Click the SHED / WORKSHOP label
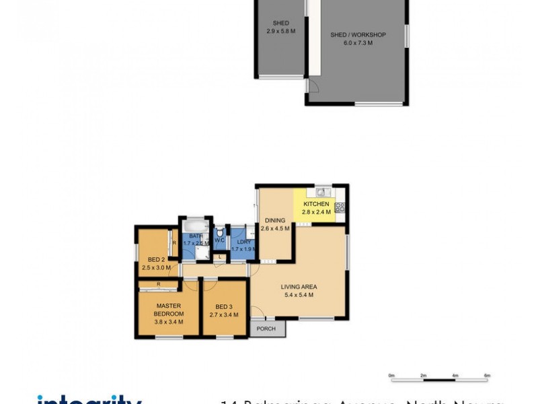click(x=358, y=35)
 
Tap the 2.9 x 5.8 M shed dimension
click(x=281, y=32)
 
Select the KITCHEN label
click(x=316, y=204)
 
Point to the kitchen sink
click(x=321, y=189)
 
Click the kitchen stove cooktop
click(x=340, y=207)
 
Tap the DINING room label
click(x=275, y=220)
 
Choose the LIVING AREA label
click(x=299, y=287)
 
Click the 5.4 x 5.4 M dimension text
click(x=299, y=295)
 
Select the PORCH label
click(x=266, y=329)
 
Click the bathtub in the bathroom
click(x=195, y=226)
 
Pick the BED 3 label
click(x=224, y=306)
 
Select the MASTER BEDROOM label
click(x=168, y=310)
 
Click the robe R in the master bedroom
click(x=158, y=285)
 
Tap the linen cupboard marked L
click(x=220, y=257)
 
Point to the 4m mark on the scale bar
click(x=455, y=374)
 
